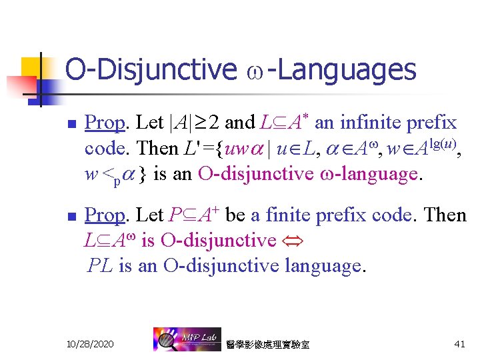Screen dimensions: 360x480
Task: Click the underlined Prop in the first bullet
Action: coord(105,123)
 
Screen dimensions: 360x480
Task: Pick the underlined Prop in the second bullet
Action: coord(105,215)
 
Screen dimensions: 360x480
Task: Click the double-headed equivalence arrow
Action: coord(293,241)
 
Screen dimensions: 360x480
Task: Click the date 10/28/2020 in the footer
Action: coord(90,343)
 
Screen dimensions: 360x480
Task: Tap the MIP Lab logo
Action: coord(183,340)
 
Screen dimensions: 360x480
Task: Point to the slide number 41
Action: coord(459,343)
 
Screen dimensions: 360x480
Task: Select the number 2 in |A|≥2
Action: coord(213,123)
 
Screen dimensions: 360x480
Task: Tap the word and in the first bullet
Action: coord(240,123)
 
